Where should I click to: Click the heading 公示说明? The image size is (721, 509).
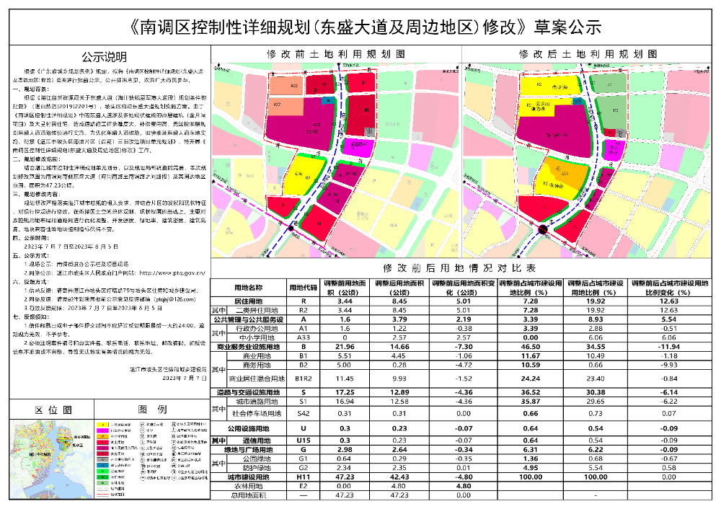click(104, 58)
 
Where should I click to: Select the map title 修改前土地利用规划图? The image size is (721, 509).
click(337, 54)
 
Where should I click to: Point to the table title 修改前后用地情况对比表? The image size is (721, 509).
click(465, 267)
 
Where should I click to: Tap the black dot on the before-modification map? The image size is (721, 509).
click(290, 228)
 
